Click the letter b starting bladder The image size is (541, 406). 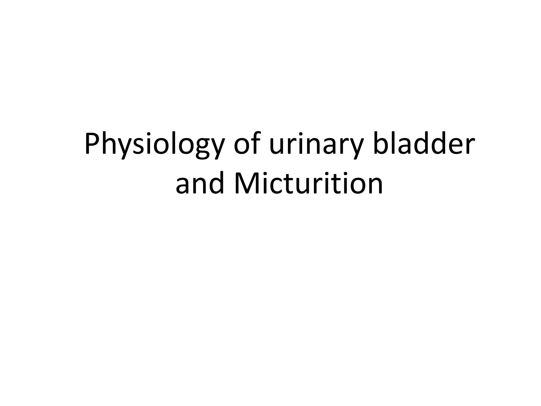click(x=380, y=144)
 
